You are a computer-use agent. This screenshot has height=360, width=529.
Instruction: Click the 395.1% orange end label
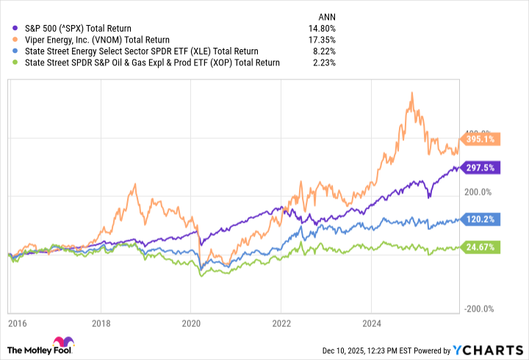(x=481, y=139)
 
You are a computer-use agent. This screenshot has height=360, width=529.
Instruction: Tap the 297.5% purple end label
(x=481, y=168)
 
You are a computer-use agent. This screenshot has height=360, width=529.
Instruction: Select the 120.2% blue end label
(x=481, y=219)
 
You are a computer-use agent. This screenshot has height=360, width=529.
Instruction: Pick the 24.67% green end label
(x=481, y=248)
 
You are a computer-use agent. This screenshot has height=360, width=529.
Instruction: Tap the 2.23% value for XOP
(x=324, y=63)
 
